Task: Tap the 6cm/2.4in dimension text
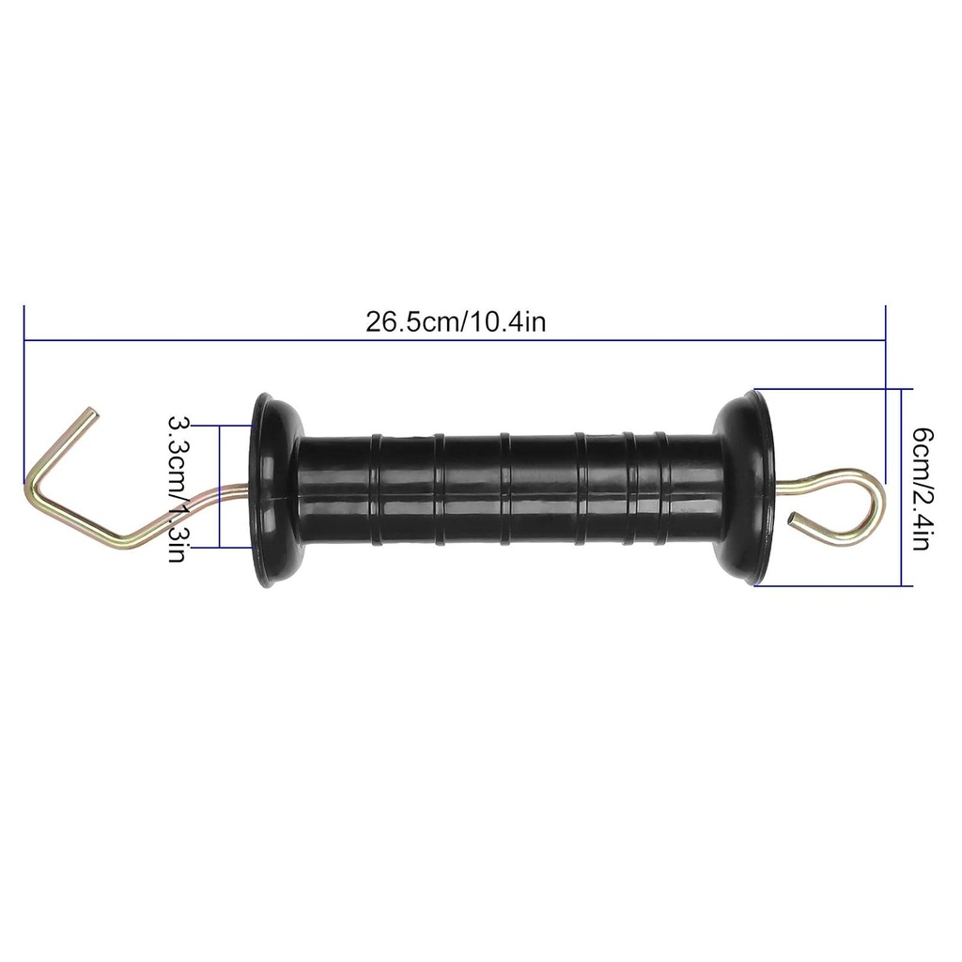tap(922, 489)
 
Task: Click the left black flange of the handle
tap(272, 490)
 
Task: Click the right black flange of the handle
tap(746, 489)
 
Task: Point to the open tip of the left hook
tap(92, 412)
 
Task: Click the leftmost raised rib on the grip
tap(376, 489)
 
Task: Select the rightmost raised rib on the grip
tap(660, 489)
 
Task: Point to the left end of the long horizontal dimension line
tap(24, 339)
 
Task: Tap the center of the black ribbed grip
tap(507, 489)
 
